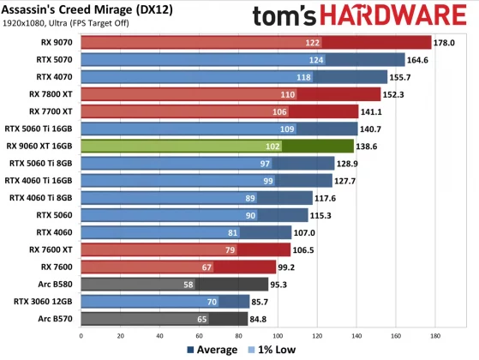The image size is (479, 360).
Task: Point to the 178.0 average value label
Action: point(446,42)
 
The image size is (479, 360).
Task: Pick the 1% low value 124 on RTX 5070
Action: point(316,59)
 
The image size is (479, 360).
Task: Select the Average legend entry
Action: point(214,350)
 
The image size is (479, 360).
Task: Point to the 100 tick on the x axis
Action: point(278,335)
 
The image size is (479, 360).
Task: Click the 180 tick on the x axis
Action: point(435,335)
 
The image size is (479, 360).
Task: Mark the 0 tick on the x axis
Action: point(81,335)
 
